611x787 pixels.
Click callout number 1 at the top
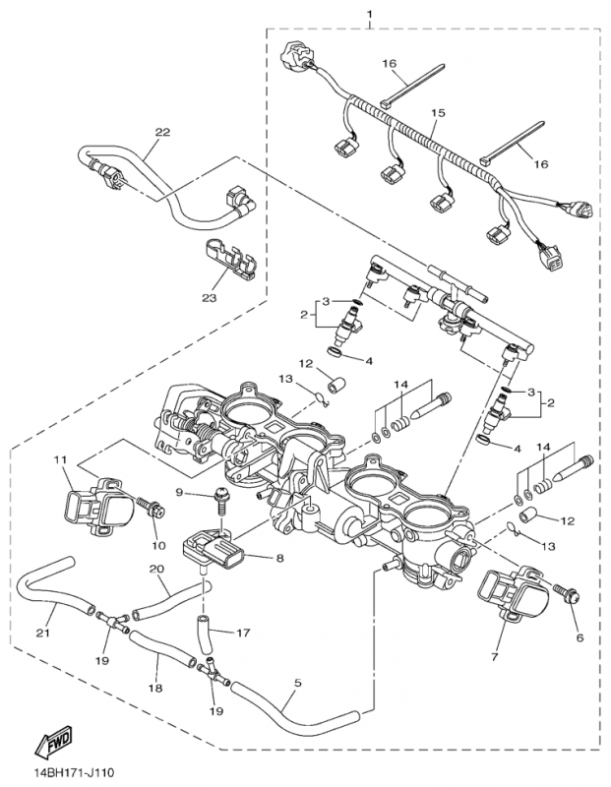[369, 13]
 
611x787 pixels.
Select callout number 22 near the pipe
[162, 132]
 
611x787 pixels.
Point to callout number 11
[59, 459]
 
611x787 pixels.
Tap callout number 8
[279, 559]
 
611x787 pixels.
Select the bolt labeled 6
[569, 595]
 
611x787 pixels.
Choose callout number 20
[156, 569]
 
